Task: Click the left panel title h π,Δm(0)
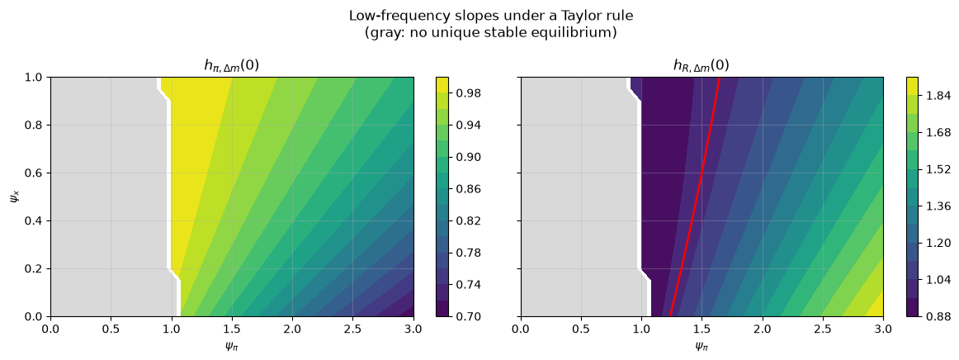[232, 66]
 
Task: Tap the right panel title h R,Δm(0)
[702, 66]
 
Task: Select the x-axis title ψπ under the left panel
[232, 347]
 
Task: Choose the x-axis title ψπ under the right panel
[702, 347]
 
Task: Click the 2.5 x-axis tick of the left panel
[353, 331]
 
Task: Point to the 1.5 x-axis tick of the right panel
[702, 331]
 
